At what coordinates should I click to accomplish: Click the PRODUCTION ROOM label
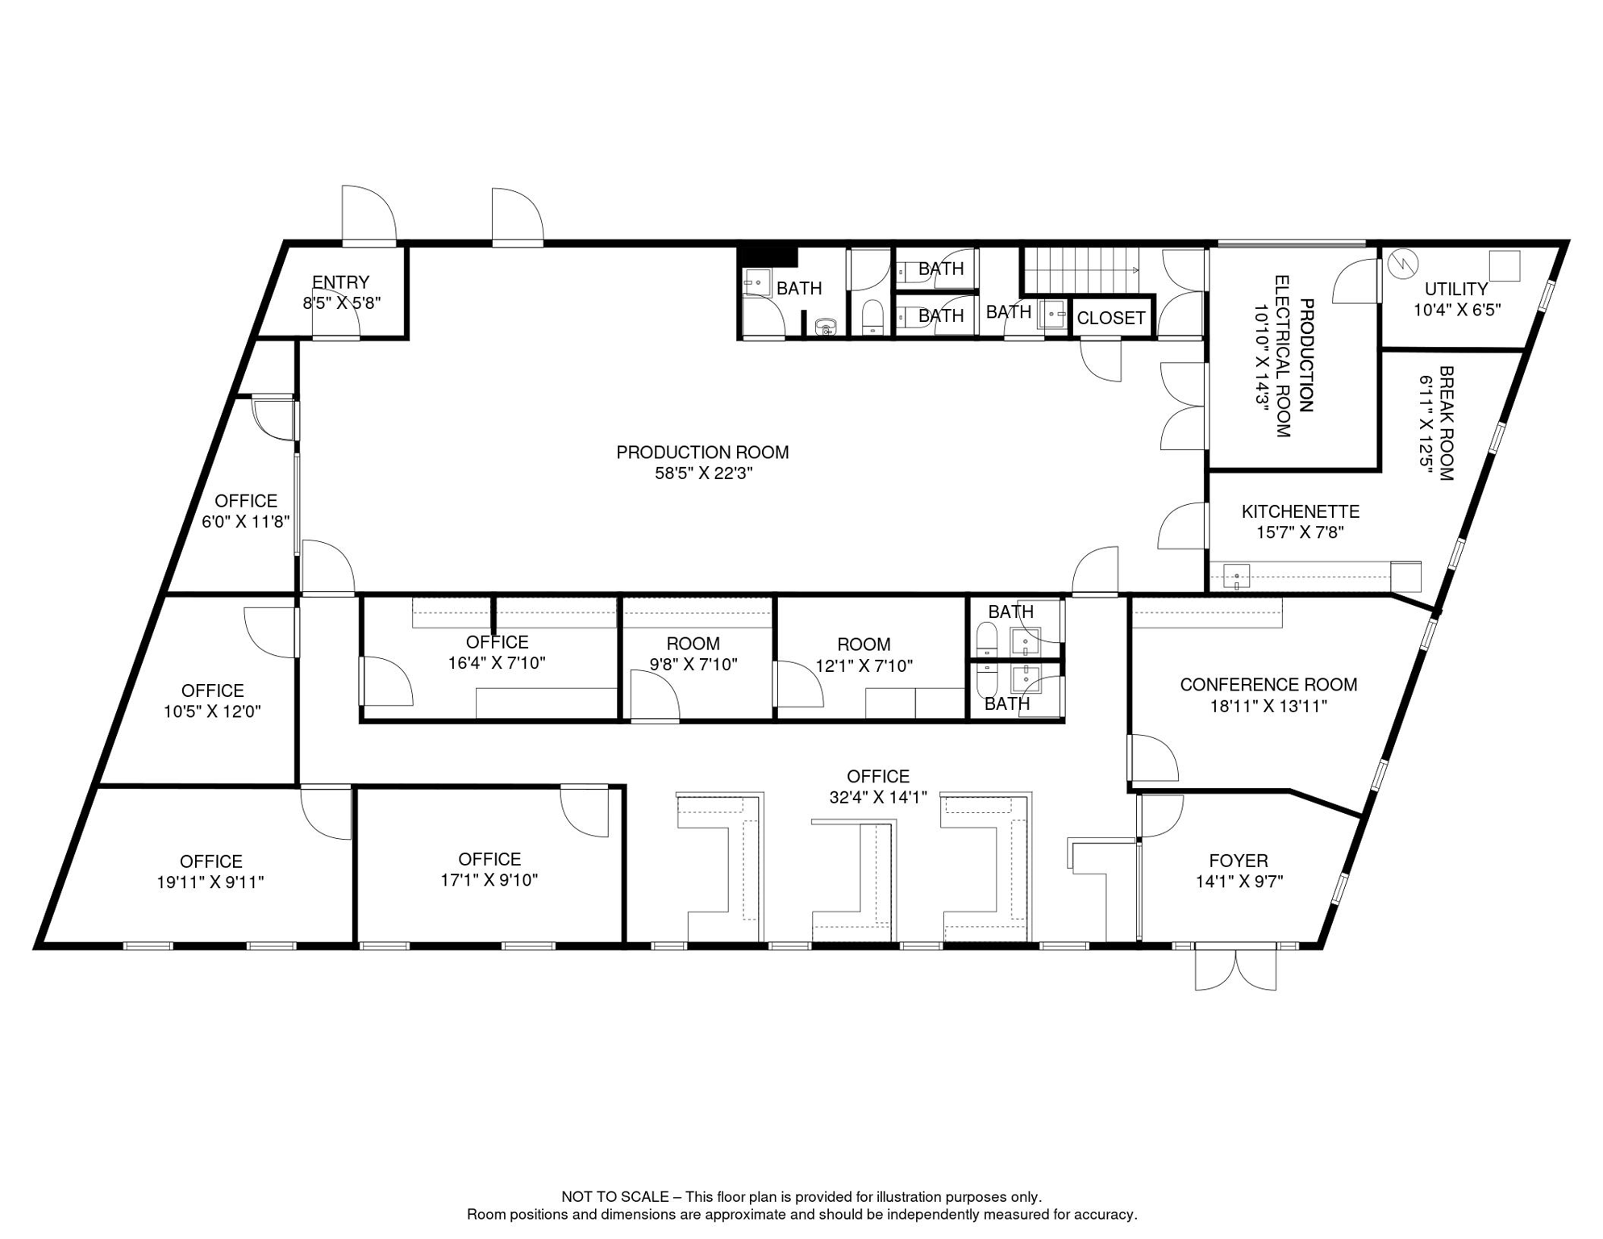pos(702,453)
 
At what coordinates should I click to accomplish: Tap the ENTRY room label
pos(340,282)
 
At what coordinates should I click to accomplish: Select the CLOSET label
pos(1111,318)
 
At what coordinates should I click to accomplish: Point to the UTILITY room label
pos(1456,289)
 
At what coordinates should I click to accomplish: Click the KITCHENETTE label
pos(1301,511)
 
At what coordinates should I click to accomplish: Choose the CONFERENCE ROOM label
pos(1268,685)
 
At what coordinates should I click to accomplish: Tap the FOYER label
pos(1239,861)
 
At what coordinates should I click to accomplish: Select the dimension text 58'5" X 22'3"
pos(703,473)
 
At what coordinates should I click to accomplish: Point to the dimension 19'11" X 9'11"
pos(210,882)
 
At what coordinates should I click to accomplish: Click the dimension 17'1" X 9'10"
pos(489,880)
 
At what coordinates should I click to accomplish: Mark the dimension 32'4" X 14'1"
pos(878,797)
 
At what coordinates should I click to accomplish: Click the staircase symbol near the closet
pos(1080,270)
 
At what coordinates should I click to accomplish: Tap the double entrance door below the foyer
pos(1235,967)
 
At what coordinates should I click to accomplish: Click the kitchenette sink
pos(1236,577)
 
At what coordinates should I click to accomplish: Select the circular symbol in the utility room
pos(1404,262)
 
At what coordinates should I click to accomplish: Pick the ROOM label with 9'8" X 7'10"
pos(693,644)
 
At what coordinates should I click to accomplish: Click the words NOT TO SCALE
pos(614,1197)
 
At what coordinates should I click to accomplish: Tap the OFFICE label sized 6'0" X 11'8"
pos(246,501)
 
